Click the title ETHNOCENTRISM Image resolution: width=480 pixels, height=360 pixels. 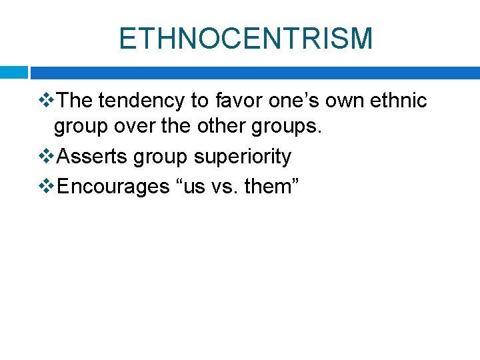pyautogui.click(x=245, y=38)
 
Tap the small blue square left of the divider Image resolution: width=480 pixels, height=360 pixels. pyautogui.click(x=13, y=73)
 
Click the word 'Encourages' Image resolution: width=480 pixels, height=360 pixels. pyautogui.click(x=114, y=187)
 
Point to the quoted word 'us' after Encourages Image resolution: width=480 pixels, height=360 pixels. pyautogui.click(x=192, y=187)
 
